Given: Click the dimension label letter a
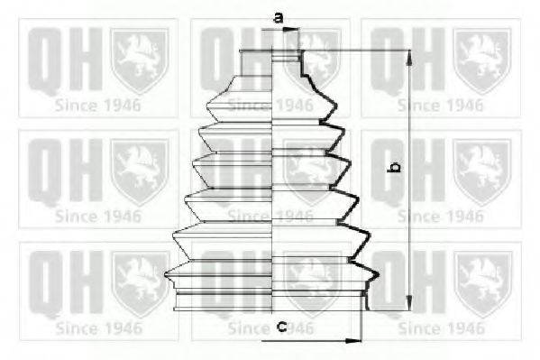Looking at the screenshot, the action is pyautogui.click(x=279, y=17).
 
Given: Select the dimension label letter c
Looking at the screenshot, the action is pyautogui.click(x=282, y=326).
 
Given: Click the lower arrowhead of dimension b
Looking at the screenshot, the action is pyautogui.click(x=408, y=302).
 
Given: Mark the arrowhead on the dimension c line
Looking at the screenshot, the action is pyautogui.click(x=353, y=341).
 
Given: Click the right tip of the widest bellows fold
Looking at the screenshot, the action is pyautogui.click(x=379, y=275).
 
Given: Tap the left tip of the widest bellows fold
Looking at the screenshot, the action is pyautogui.click(x=166, y=274).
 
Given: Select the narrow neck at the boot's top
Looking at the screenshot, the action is pyautogui.click(x=270, y=63).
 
